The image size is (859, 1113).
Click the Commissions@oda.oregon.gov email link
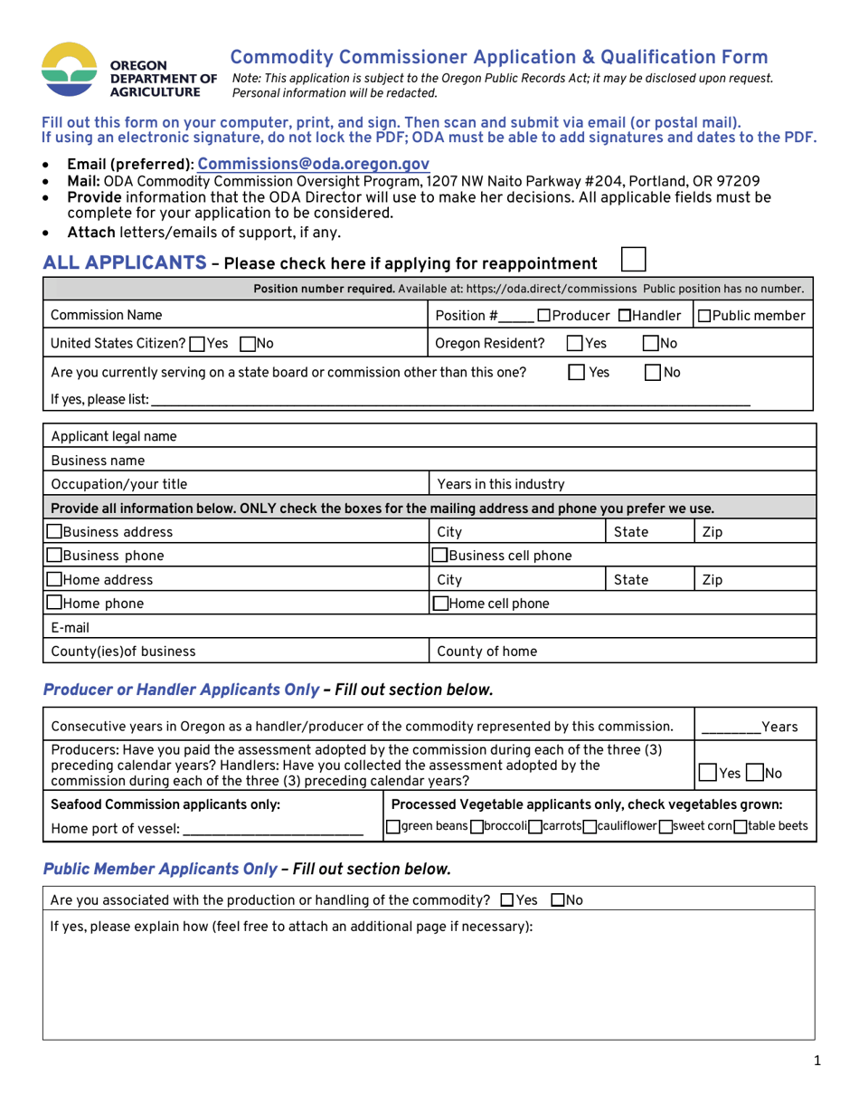pyautogui.click(x=313, y=165)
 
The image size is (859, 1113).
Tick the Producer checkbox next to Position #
pyautogui.click(x=543, y=316)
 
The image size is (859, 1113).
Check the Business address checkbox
pyautogui.click(x=54, y=532)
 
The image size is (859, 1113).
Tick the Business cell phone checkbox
pyautogui.click(x=439, y=556)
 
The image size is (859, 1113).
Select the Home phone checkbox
pyautogui.click(x=54, y=603)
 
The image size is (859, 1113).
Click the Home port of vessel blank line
pyautogui.click(x=272, y=828)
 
